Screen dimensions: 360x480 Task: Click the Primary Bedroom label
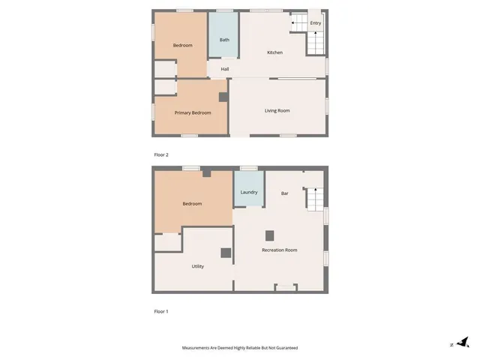click(193, 112)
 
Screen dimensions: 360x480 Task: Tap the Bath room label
click(224, 40)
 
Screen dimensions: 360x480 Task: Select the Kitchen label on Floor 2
click(275, 52)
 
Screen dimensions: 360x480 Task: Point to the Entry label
click(316, 23)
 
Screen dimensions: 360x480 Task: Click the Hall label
click(225, 70)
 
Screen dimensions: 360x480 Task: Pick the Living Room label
click(277, 111)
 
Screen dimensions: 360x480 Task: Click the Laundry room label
click(249, 192)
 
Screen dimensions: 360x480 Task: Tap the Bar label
click(285, 193)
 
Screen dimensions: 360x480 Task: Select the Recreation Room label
click(279, 250)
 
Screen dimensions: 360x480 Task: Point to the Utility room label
click(198, 266)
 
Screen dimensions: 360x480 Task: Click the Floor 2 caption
click(161, 154)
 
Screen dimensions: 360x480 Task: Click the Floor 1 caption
click(161, 310)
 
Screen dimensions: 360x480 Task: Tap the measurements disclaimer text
click(240, 348)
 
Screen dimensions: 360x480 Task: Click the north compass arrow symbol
click(463, 343)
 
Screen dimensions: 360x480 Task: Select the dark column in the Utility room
click(225, 253)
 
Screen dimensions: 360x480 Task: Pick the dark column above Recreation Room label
click(270, 235)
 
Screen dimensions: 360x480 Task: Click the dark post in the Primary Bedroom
click(223, 97)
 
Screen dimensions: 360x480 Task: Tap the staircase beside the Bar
click(314, 199)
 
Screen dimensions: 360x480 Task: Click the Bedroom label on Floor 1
click(192, 203)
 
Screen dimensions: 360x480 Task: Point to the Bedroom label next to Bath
click(183, 46)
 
